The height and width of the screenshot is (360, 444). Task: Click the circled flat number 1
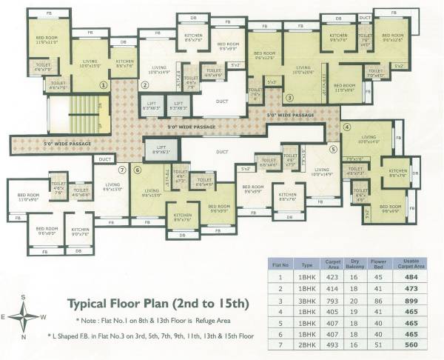tap(104, 85)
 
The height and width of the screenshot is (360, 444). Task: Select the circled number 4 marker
tap(346, 126)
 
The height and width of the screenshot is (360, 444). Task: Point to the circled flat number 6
tap(138, 170)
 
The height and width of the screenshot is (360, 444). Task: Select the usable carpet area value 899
tap(411, 301)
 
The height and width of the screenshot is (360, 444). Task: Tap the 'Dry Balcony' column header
tap(356, 264)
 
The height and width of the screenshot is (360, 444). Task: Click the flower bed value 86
tap(379, 301)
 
